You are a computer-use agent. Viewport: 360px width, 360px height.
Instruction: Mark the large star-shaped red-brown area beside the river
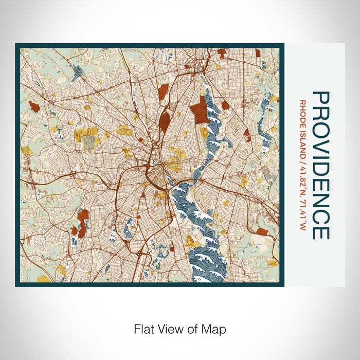198,111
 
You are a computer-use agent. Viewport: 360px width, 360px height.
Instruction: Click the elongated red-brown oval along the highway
165,121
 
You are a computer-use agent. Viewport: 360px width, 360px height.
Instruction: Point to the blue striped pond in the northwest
77,73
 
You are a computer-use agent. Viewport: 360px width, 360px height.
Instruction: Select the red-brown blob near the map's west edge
34,106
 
